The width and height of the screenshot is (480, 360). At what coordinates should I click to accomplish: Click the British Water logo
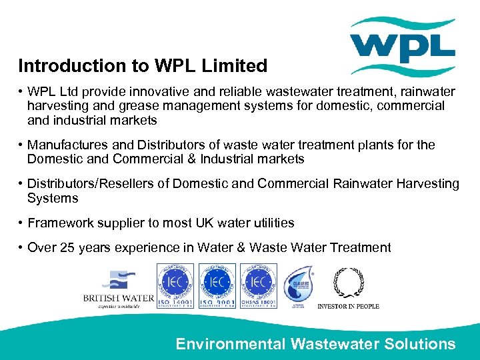[x=118, y=288]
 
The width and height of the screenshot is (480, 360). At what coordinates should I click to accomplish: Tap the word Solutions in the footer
[x=420, y=344]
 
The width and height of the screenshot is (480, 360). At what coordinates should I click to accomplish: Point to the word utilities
[x=271, y=223]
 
